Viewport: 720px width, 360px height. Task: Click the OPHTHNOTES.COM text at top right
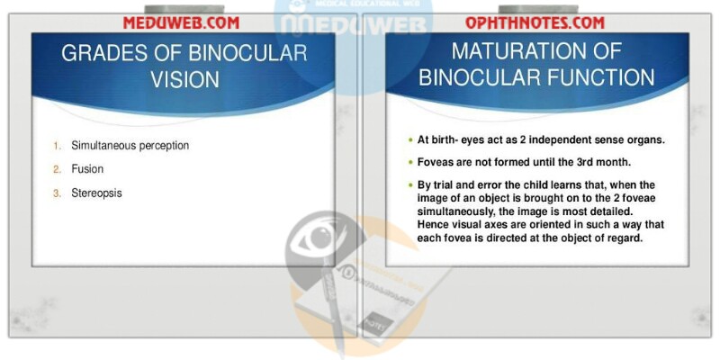pyautogui.click(x=535, y=22)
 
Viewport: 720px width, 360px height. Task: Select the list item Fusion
pyautogui.click(x=87, y=169)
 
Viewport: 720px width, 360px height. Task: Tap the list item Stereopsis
pyautogui.click(x=96, y=193)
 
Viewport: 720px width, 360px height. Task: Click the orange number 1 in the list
pyautogui.click(x=57, y=145)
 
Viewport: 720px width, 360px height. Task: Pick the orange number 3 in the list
pyautogui.click(x=57, y=193)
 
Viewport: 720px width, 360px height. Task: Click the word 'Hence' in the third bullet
pyautogui.click(x=432, y=228)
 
